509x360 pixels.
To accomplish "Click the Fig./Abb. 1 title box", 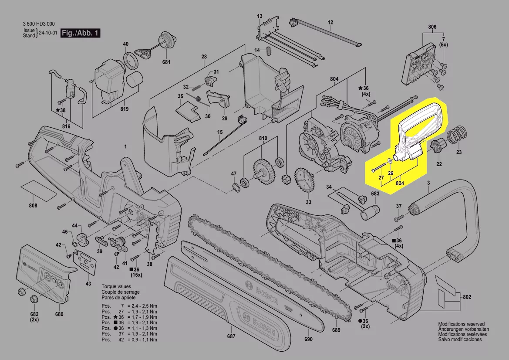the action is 80,33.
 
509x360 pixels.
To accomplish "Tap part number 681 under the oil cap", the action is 166,62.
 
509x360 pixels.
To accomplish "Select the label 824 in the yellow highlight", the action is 400,183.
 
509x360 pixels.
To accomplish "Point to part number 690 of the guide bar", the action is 308,339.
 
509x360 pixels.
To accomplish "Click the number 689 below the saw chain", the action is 336,330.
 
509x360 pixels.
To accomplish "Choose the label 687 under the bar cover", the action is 231,336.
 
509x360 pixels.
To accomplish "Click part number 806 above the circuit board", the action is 432,27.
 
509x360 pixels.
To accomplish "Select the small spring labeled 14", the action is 268,51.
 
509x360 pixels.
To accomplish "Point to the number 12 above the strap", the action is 330,22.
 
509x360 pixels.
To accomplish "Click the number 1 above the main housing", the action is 126,147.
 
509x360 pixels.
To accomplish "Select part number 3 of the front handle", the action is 428,183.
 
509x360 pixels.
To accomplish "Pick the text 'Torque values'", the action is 116,286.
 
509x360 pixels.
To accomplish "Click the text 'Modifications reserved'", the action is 461,324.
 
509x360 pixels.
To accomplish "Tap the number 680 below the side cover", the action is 59,314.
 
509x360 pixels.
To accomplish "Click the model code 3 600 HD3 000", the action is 39,24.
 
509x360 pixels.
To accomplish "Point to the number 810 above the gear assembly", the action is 263,138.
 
